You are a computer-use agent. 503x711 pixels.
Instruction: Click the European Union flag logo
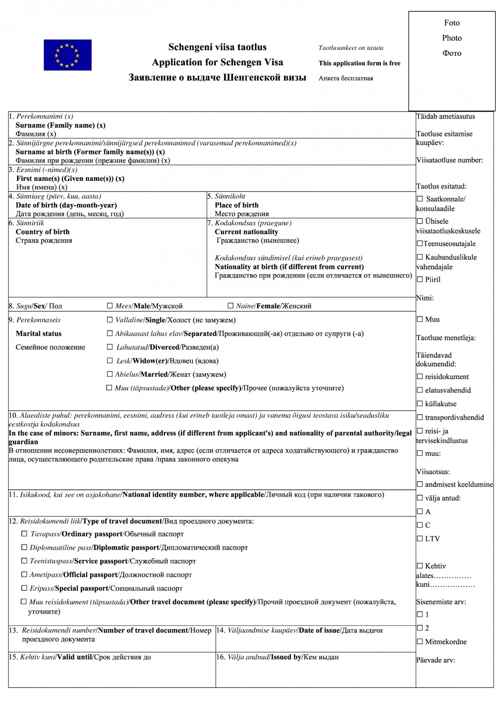tap(68, 55)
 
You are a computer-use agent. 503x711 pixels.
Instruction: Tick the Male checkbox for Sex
tap(110, 306)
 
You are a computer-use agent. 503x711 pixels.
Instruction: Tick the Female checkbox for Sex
tap(230, 306)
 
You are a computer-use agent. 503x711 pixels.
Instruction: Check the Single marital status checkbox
tap(110, 320)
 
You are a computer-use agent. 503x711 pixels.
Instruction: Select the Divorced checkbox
tap(110, 347)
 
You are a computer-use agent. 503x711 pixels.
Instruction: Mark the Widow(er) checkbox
tap(110, 361)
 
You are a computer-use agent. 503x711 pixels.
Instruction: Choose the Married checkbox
tap(110, 374)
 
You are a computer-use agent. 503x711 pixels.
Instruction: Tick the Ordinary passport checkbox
tap(24, 534)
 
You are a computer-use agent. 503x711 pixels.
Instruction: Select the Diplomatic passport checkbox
tap(24, 547)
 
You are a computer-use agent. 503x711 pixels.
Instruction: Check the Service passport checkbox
tap(24, 561)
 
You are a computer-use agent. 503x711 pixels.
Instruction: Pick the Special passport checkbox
tap(24, 588)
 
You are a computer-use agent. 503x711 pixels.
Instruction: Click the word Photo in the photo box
tap(452, 38)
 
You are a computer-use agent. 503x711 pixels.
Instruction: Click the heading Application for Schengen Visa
tap(217, 62)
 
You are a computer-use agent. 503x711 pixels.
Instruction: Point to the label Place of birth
tap(236, 205)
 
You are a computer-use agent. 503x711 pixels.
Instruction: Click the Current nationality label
tap(246, 232)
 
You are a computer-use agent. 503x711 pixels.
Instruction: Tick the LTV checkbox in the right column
tap(420, 539)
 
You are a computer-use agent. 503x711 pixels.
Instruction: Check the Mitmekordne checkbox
tap(420, 641)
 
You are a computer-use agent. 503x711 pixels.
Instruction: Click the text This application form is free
tap(359, 63)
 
